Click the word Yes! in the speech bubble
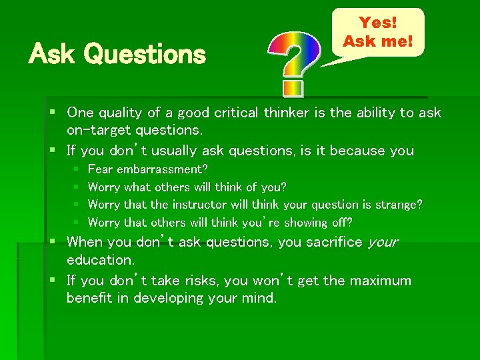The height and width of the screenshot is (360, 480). coord(378,23)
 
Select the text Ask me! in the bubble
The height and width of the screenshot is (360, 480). coord(378,41)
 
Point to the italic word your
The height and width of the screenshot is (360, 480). coord(383,242)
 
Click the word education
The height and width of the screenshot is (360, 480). coord(100,259)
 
